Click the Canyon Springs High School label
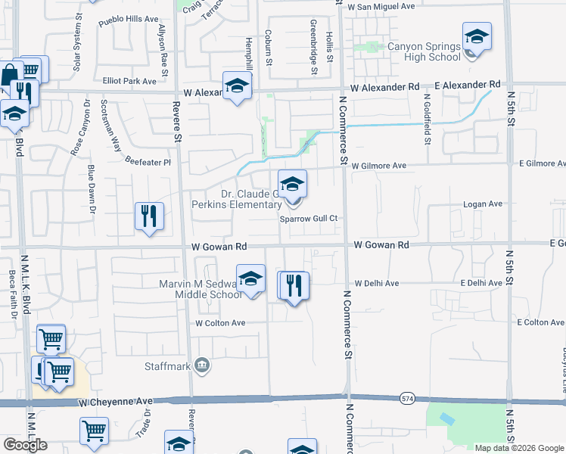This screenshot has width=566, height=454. [424, 51]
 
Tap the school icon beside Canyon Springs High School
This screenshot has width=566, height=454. [477, 36]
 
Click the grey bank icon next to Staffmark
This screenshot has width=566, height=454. [201, 367]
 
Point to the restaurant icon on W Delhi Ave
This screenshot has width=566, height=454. [293, 285]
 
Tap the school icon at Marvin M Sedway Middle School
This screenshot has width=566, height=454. [250, 278]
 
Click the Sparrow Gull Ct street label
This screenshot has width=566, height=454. [308, 218]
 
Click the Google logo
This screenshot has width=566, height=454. [26, 445]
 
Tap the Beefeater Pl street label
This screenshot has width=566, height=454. [148, 162]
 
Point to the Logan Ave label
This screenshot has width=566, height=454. [484, 204]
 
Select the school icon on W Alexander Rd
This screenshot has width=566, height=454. [237, 86]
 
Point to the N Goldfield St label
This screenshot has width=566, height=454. [428, 124]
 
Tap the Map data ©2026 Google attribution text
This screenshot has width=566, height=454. [518, 448]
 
